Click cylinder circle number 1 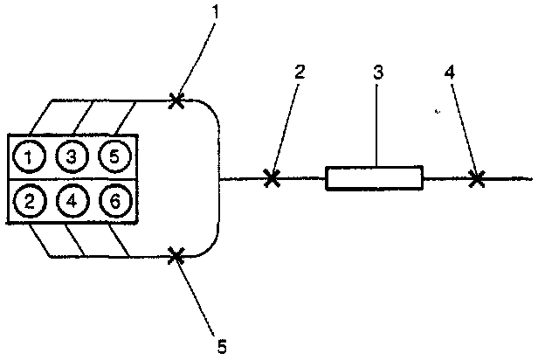(x=31, y=157)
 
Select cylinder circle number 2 (x=31, y=201)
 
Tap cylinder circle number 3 (x=72, y=157)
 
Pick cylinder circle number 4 (x=72, y=201)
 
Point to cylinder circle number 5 (x=114, y=157)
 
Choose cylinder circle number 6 (x=114, y=201)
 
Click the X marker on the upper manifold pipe (x=176, y=100)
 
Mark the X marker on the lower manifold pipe (x=176, y=255)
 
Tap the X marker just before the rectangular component (x=272, y=178)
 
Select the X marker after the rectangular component (x=476, y=178)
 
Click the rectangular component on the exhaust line (x=374, y=178)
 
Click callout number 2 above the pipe (x=300, y=73)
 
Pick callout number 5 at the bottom (x=221, y=346)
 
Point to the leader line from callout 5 (x=197, y=294)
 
